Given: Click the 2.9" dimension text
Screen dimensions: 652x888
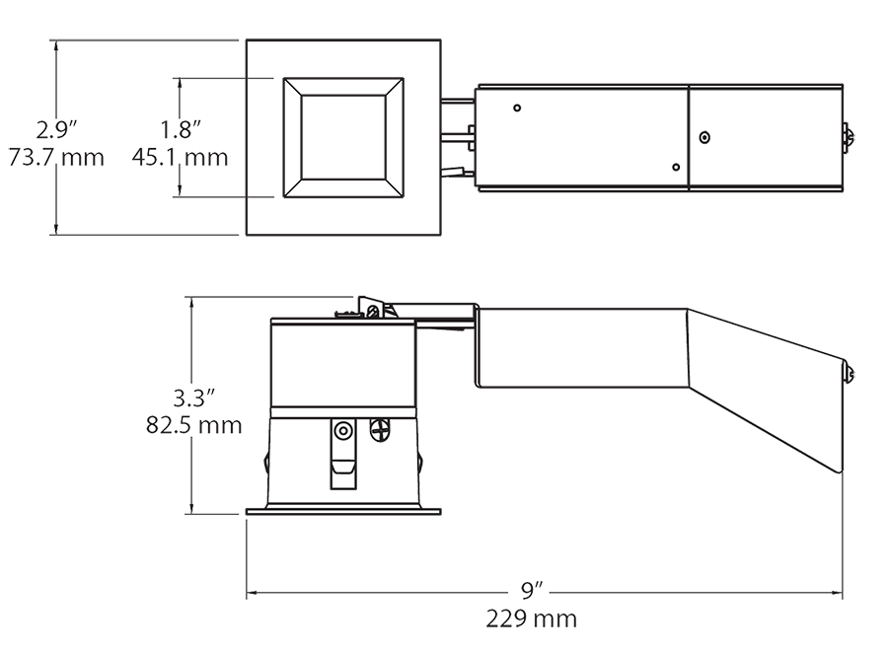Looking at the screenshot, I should coord(56,128).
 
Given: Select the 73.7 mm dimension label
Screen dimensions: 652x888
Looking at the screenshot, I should coord(56,157).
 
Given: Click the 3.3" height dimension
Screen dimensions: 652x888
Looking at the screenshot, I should coord(193,398).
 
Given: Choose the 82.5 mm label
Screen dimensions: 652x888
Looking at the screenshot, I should coord(193,426).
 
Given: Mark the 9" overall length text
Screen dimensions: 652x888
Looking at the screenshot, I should coord(533,591).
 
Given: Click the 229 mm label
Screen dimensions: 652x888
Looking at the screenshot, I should coord(531,619).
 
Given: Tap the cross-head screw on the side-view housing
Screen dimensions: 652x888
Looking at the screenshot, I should coord(379,430).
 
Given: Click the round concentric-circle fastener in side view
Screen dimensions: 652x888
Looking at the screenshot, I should coord(343,431).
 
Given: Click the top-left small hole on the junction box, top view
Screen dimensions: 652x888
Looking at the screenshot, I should coord(517,107).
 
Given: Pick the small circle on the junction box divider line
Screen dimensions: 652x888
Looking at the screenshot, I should coord(703,138).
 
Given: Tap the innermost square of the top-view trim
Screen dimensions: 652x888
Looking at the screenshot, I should coord(343,137).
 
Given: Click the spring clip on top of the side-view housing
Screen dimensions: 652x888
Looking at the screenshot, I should coord(372,308).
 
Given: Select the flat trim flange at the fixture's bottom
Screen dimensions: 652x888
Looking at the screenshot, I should coord(341,510).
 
